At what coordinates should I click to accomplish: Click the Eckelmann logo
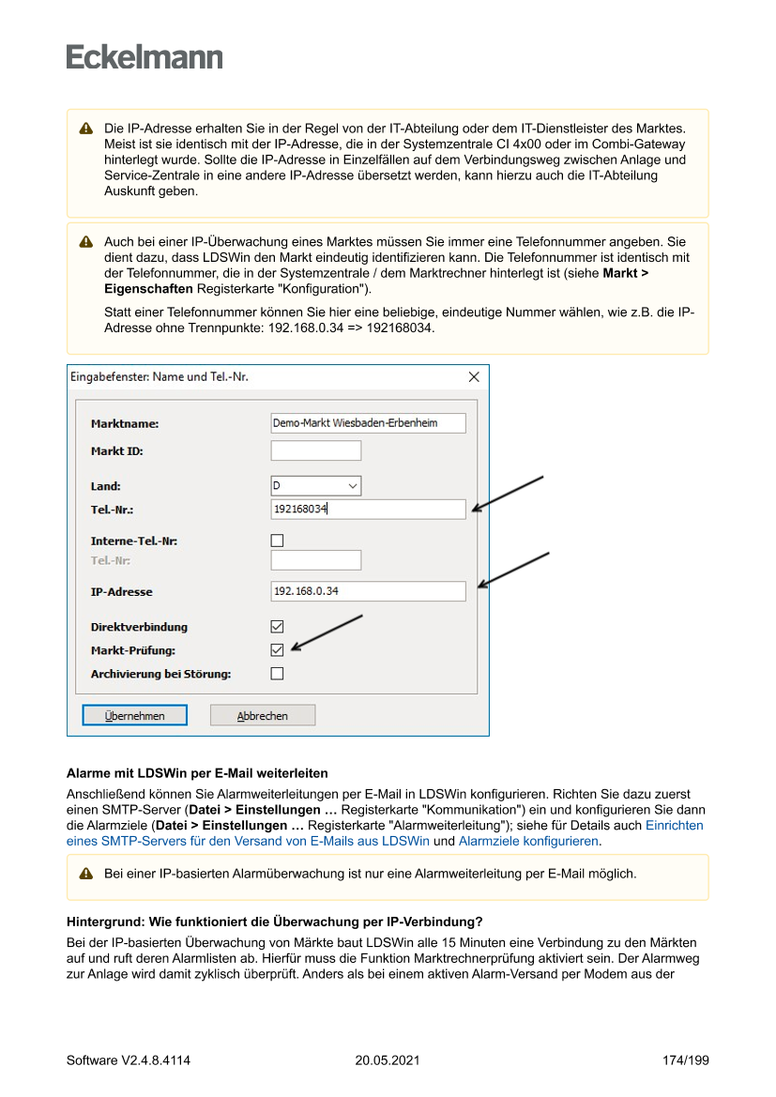145,57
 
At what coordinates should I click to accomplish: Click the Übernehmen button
134,715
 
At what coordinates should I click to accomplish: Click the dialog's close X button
473,377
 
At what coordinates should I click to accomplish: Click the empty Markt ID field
315,451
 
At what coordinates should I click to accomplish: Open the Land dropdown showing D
315,486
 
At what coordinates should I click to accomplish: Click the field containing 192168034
368,510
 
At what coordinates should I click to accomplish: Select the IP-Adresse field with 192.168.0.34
368,591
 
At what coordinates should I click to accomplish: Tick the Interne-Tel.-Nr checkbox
277,541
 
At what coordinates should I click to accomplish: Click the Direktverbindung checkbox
277,626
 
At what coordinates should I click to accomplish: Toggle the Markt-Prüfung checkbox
277,649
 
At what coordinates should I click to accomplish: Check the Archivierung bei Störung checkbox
277,673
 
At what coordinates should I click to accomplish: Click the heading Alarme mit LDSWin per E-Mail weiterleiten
197,774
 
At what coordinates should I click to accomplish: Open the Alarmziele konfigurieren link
528,842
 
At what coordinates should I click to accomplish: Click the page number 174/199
685,1060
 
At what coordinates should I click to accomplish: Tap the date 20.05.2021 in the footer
388,1060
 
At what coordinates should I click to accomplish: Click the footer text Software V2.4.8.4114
129,1060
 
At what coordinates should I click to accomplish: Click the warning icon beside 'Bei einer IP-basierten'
86,874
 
